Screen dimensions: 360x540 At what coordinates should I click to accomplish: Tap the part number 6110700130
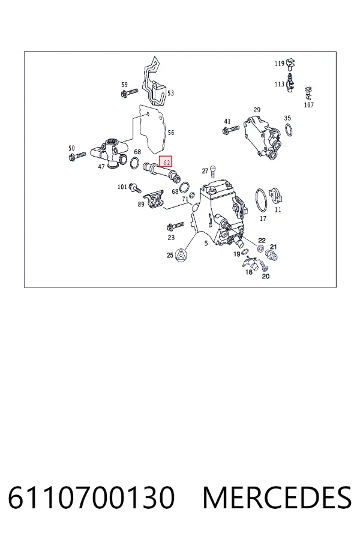pyautogui.click(x=91, y=497)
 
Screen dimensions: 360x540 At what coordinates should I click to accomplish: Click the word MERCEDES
pyautogui.click(x=277, y=497)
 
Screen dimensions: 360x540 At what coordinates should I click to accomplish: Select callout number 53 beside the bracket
pyautogui.click(x=170, y=93)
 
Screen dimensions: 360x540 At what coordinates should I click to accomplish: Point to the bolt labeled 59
pyautogui.click(x=129, y=92)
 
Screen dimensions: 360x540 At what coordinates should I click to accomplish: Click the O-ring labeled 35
pyautogui.click(x=289, y=130)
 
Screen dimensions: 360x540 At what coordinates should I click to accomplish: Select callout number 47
pyautogui.click(x=101, y=167)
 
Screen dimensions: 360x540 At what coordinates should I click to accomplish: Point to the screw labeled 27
pyautogui.click(x=213, y=172)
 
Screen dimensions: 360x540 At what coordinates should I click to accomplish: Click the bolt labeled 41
pyautogui.click(x=230, y=130)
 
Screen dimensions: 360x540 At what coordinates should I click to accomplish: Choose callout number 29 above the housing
pyautogui.click(x=257, y=110)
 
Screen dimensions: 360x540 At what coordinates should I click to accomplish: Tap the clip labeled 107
pyautogui.click(x=308, y=93)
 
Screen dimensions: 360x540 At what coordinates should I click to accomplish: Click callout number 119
pyautogui.click(x=279, y=64)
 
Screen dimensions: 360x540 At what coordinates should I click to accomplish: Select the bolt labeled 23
pyautogui.click(x=175, y=226)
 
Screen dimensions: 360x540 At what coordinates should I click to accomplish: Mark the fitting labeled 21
pyautogui.click(x=272, y=255)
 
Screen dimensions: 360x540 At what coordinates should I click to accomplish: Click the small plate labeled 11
pyautogui.click(x=276, y=196)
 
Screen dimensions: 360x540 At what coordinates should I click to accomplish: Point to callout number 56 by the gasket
pyautogui.click(x=170, y=133)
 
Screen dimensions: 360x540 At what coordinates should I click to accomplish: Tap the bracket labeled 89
pyautogui.click(x=154, y=200)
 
